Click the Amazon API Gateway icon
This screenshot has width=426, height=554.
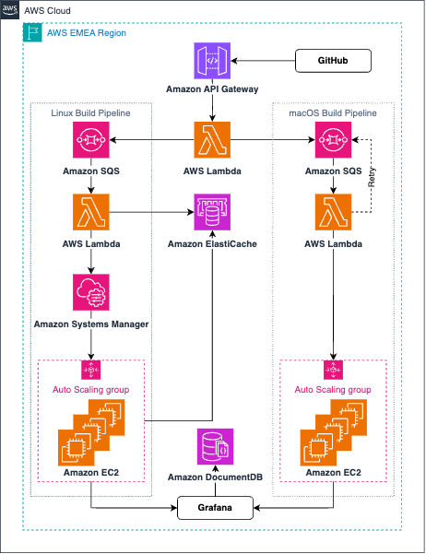point(213,61)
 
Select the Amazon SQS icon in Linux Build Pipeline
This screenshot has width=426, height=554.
point(91,142)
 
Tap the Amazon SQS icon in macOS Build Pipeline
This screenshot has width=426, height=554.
point(333,142)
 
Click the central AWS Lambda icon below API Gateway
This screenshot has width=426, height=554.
point(213,140)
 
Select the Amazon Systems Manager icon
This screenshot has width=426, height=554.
point(91,292)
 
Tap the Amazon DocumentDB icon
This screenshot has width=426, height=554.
point(213,447)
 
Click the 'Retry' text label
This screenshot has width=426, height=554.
point(373,178)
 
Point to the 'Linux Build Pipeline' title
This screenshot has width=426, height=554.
point(91,112)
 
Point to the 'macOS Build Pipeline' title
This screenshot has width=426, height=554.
point(333,112)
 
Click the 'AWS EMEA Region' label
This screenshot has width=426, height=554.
point(87,32)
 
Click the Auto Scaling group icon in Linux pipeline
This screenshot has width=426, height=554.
point(91,370)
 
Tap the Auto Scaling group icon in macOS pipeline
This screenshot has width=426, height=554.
point(333,370)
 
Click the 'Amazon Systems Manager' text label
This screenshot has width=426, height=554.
point(91,324)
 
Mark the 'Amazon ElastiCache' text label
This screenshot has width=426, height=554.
point(213,244)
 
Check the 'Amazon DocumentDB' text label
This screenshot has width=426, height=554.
point(213,477)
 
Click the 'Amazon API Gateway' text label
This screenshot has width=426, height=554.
point(213,90)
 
